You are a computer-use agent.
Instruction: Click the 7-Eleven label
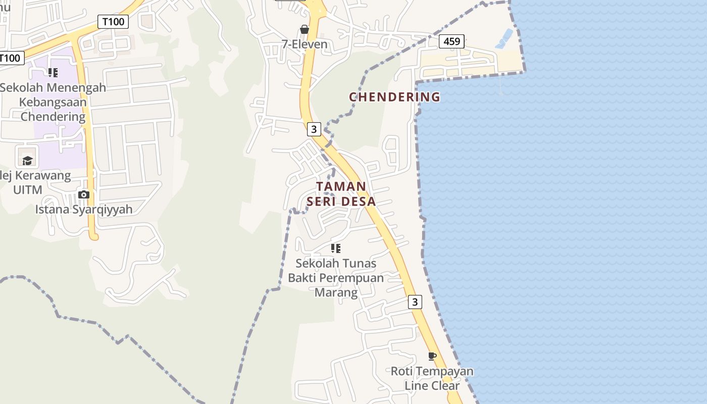[x=305, y=44]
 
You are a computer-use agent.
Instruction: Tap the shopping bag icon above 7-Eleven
[x=305, y=29]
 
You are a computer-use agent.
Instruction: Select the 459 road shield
[x=451, y=41]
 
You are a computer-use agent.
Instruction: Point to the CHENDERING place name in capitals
[x=394, y=96]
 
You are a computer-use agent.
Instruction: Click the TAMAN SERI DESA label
[x=341, y=194]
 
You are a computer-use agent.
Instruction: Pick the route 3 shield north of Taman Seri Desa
[x=314, y=129]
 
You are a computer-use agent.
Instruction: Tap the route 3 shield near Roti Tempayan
[x=415, y=302]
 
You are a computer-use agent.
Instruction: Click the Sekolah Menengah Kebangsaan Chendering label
[x=53, y=102]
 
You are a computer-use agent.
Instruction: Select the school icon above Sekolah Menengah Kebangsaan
[x=53, y=73]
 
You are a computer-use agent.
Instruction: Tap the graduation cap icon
[x=27, y=161]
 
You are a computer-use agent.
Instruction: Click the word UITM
[x=28, y=190]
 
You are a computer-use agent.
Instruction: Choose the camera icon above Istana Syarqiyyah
[x=84, y=194]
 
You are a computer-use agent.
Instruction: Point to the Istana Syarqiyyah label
[x=84, y=209]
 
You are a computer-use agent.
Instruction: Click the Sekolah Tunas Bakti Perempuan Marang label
[x=336, y=278]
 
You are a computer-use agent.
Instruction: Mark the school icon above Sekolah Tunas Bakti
[x=336, y=248]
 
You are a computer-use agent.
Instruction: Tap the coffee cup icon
[x=432, y=356]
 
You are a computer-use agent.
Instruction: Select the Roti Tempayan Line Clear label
[x=432, y=378]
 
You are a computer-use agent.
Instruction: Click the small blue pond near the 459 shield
[x=504, y=38]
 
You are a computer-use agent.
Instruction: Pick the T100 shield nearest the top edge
[x=113, y=22]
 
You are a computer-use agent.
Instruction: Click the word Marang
[x=336, y=292]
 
